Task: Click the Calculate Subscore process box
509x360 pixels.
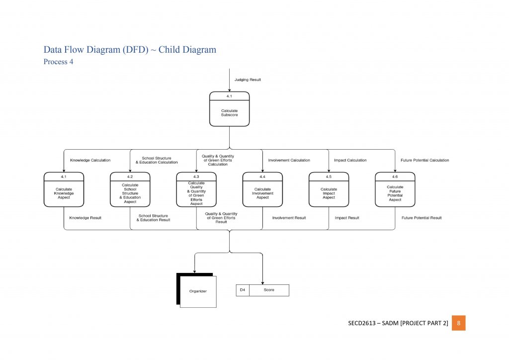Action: [x=229, y=109]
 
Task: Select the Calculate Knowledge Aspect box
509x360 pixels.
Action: [x=64, y=189]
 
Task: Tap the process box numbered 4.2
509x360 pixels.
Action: [x=130, y=189]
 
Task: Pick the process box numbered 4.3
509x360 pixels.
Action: [x=196, y=189]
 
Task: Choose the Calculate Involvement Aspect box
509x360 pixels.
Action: [x=262, y=189]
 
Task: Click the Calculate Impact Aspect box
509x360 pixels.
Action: [x=329, y=189]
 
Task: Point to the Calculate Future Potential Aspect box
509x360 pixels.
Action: [x=395, y=189]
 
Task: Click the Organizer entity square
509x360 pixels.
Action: [x=198, y=291]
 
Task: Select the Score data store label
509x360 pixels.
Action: [x=269, y=290]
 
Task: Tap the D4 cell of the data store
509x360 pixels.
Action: [x=243, y=290]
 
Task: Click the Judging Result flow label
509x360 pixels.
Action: [x=248, y=80]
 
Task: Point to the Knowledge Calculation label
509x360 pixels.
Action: [x=90, y=160]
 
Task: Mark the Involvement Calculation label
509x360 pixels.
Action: [x=289, y=160]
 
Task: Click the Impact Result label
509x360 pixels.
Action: [x=347, y=218]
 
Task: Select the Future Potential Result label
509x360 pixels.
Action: [x=422, y=218]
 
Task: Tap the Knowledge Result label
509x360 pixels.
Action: [x=85, y=218]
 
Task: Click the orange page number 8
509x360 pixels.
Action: [x=458, y=323]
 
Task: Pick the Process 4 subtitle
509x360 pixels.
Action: [x=58, y=62]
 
